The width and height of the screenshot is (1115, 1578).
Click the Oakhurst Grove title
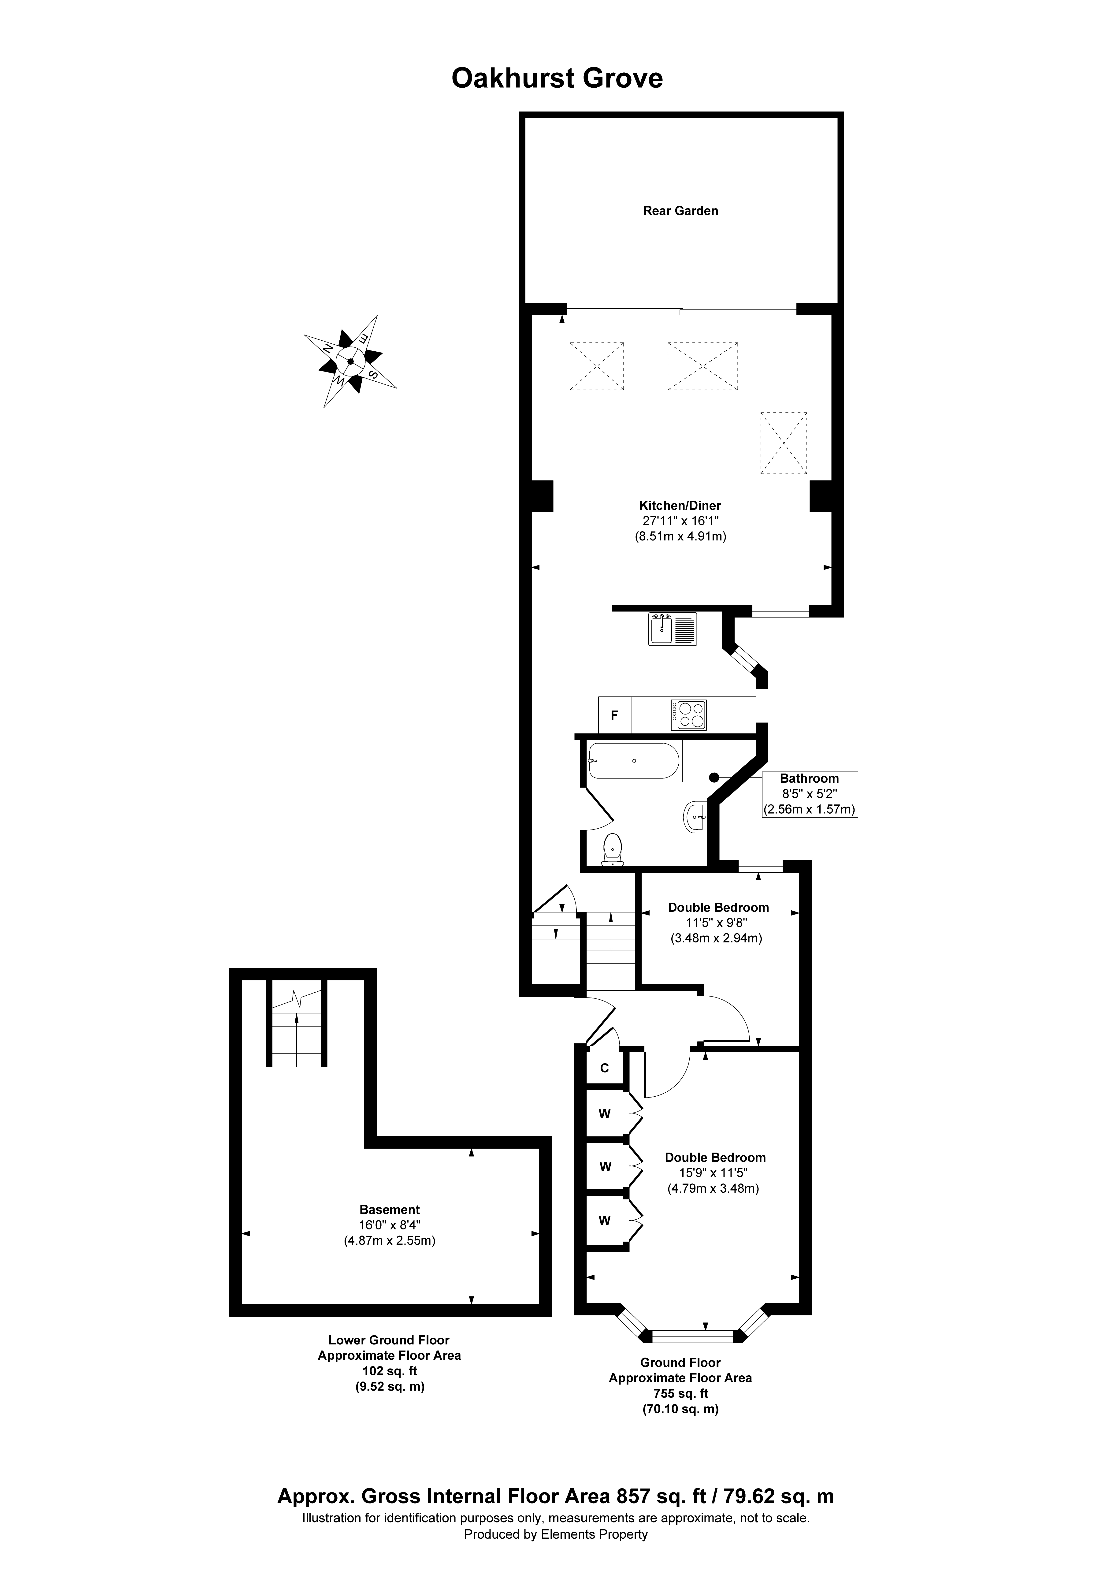[557, 78]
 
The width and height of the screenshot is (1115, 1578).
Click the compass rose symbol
[351, 361]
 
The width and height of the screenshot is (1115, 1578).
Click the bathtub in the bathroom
[634, 761]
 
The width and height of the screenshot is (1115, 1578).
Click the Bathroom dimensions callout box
[809, 794]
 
